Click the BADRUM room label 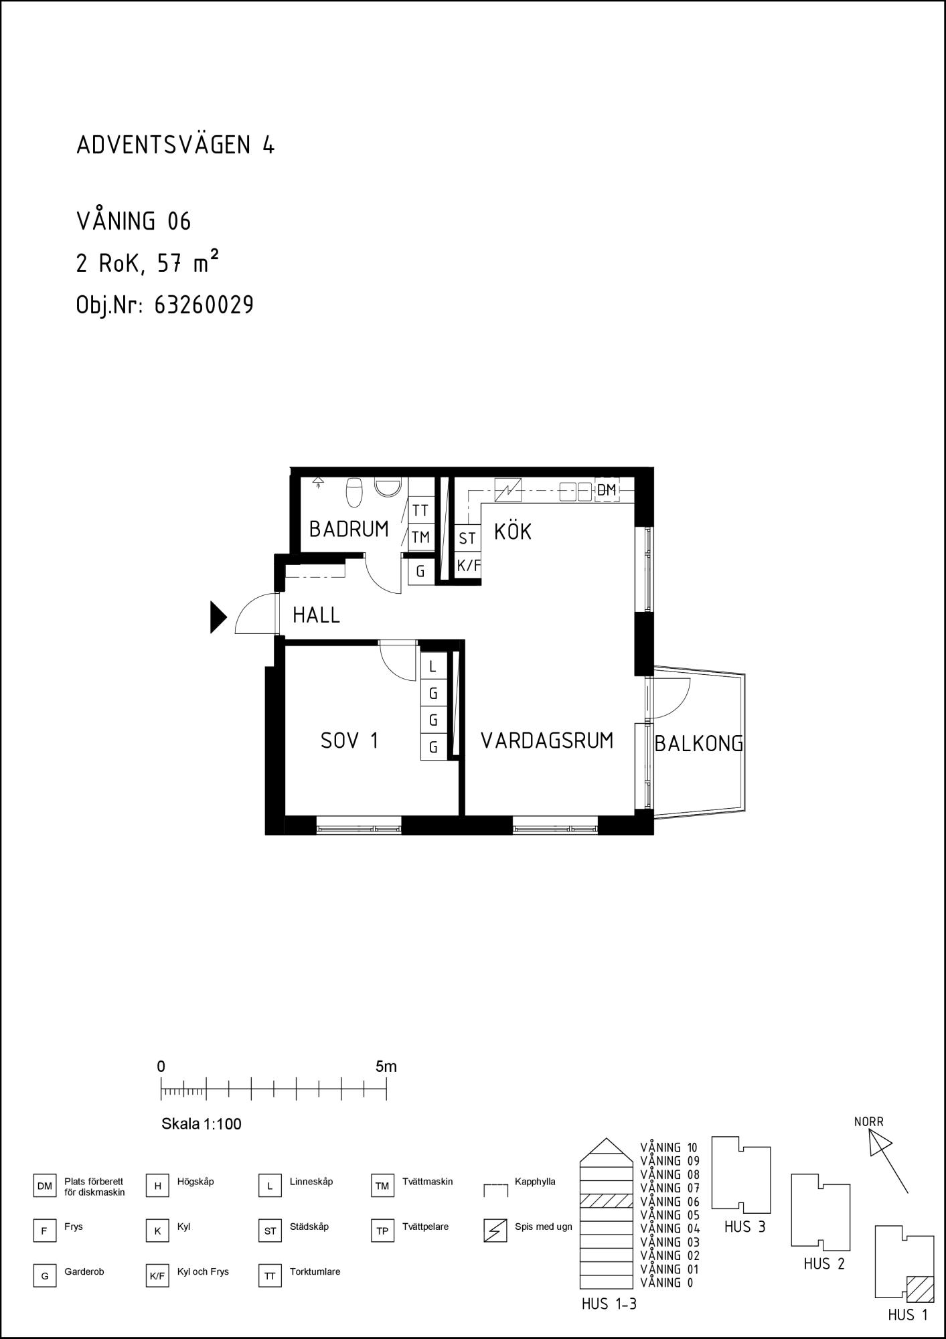(x=349, y=529)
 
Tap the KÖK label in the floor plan (x=513, y=531)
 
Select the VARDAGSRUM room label (x=547, y=740)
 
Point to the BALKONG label (x=699, y=743)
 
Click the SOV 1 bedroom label (x=349, y=740)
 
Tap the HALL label (x=316, y=615)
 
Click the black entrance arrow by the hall (x=218, y=617)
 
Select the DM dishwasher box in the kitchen (x=607, y=490)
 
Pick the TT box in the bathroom (x=420, y=510)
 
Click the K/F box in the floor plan (x=469, y=566)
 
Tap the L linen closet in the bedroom (x=433, y=666)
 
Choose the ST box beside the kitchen (x=467, y=538)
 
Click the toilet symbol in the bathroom (x=354, y=492)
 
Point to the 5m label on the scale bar (x=386, y=1067)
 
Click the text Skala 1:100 (x=202, y=1124)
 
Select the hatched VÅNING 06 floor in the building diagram (x=606, y=1201)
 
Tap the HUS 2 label (x=824, y=1264)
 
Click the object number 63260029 (x=204, y=305)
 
